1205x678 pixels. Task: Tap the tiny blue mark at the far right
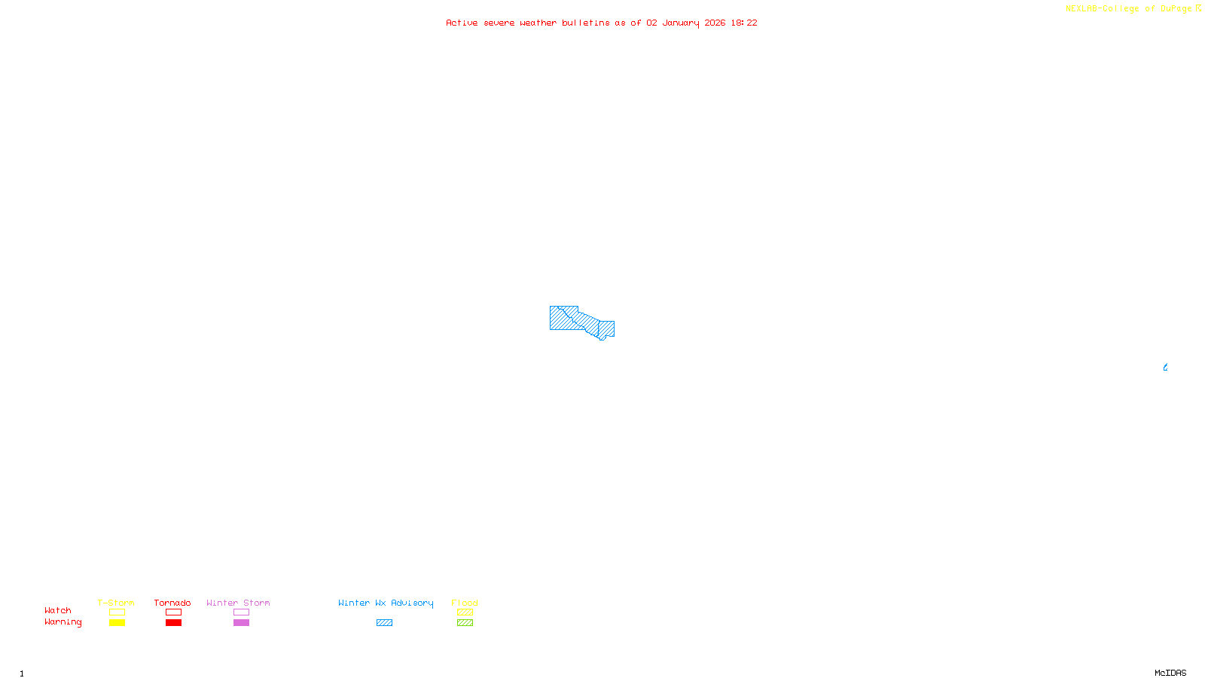coord(1165,368)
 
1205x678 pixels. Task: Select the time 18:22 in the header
coord(743,23)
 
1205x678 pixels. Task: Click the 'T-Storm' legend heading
coord(116,603)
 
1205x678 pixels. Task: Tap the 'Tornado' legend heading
coord(172,603)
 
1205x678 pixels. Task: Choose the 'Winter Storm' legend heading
coord(238,603)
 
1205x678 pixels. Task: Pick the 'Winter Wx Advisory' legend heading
coord(386,603)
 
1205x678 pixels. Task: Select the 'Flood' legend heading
coord(465,603)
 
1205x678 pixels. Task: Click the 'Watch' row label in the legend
coord(58,610)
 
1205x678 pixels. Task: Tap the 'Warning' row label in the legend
coord(63,622)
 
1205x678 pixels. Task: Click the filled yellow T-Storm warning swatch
coord(117,623)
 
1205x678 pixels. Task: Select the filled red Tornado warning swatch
coord(173,623)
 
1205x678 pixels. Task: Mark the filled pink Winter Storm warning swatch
coord(241,623)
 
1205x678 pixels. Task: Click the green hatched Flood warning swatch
coord(465,623)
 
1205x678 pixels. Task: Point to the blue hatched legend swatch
coord(384,623)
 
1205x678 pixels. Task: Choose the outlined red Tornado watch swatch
coord(173,612)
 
